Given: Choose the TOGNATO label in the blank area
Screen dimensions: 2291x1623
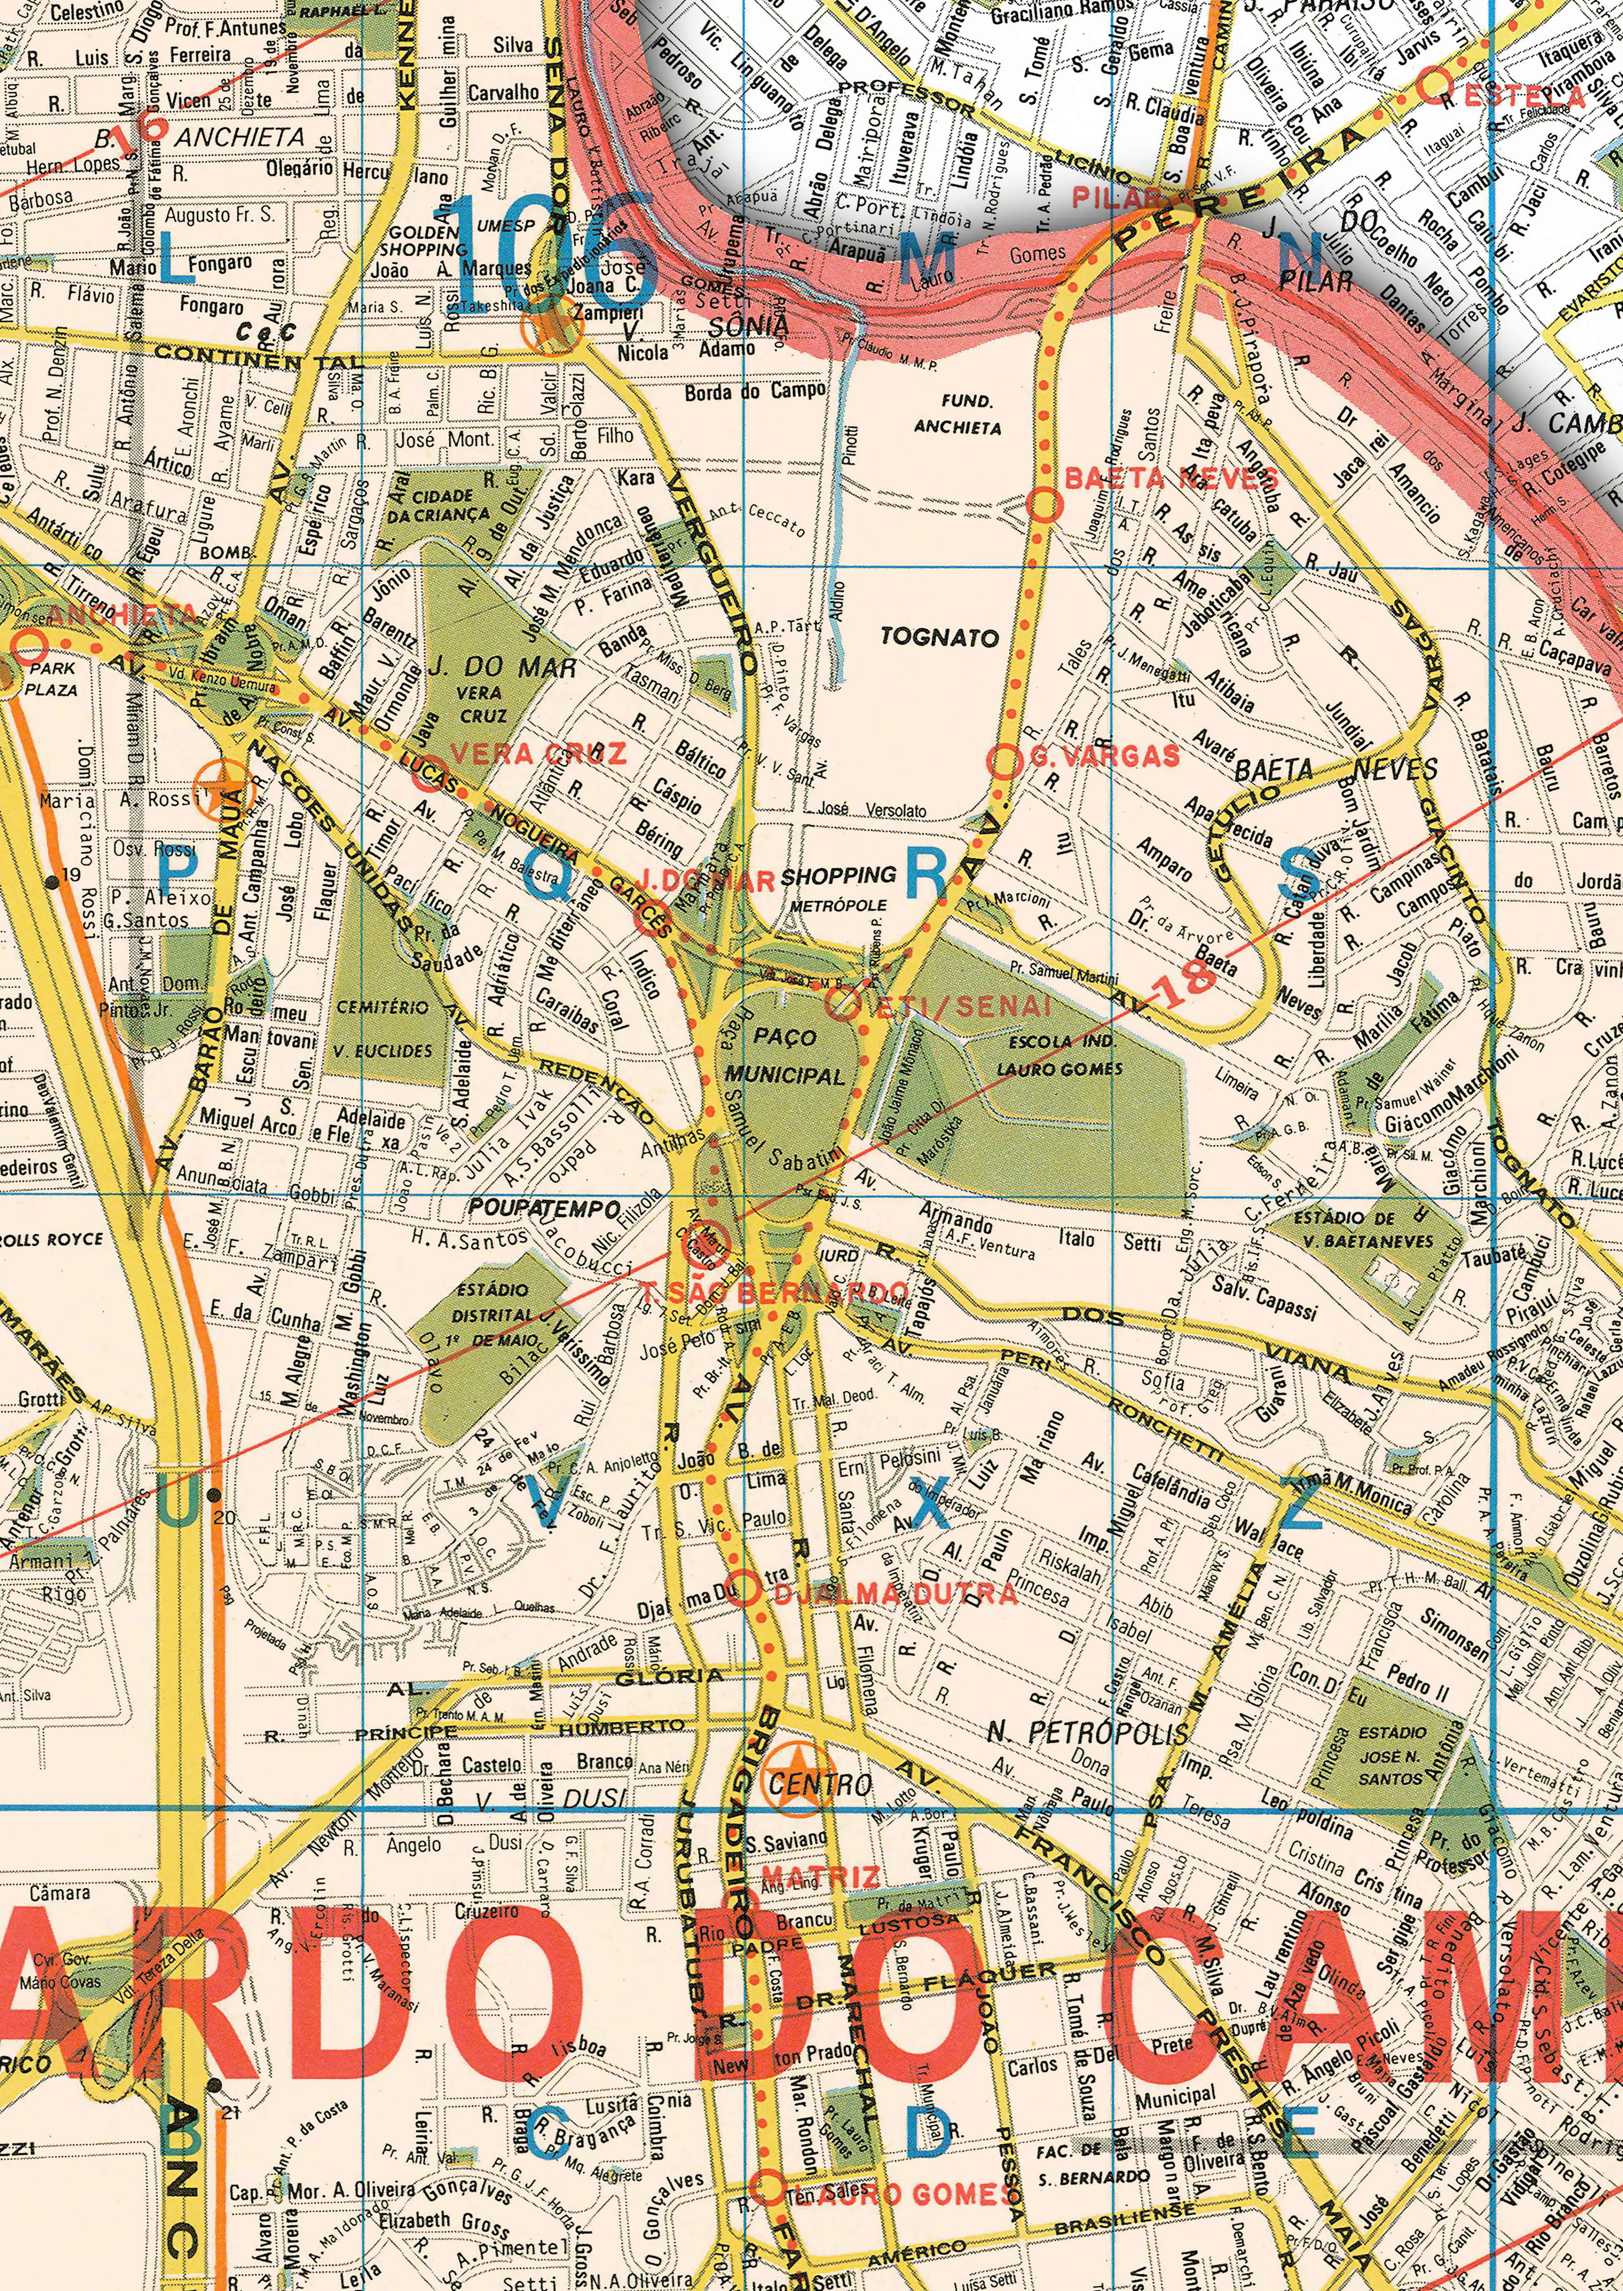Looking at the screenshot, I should (x=940, y=638).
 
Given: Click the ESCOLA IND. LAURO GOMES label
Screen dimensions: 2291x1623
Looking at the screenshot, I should (x=1060, y=1055).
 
